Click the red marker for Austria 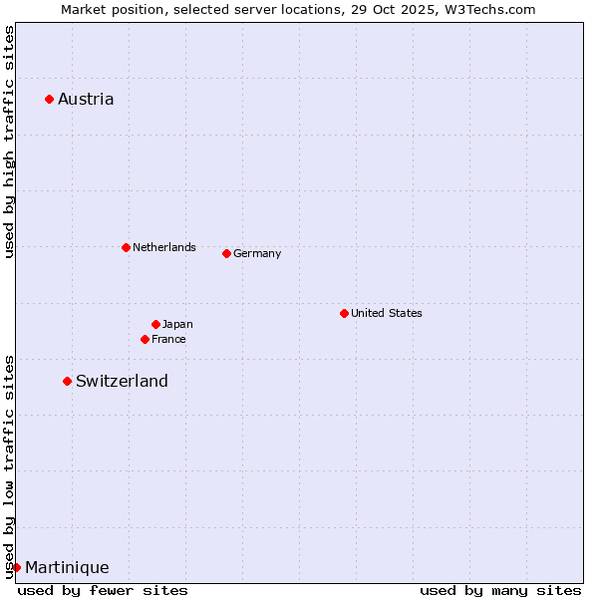(49, 99)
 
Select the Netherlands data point (126, 247)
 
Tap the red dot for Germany (226, 253)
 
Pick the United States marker (344, 313)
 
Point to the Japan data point (155, 324)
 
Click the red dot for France (145, 339)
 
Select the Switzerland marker (67, 381)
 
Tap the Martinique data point (16, 567)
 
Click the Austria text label (86, 99)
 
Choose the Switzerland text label (122, 381)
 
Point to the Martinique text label (67, 567)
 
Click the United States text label (387, 313)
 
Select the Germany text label (257, 253)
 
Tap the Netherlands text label (164, 247)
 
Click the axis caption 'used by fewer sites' (103, 590)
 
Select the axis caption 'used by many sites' (500, 590)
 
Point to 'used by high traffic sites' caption (9, 142)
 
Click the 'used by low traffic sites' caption (9, 466)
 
